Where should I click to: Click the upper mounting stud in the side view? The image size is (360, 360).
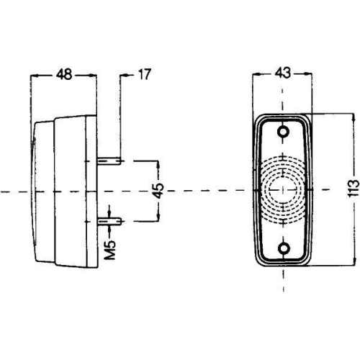click(110, 160)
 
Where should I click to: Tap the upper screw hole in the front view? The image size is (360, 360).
click(282, 131)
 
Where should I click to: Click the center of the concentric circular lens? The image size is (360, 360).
click(282, 191)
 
